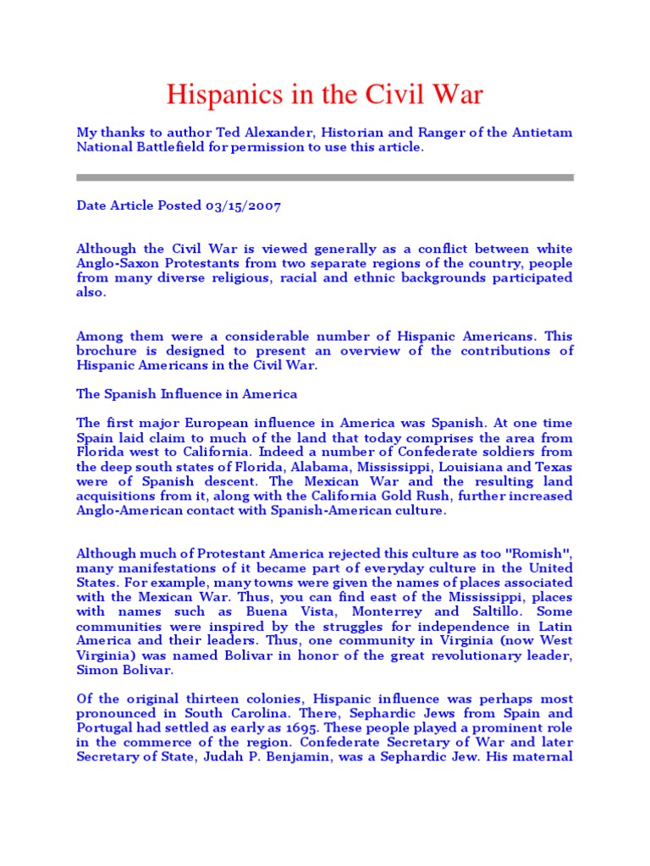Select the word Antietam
click(x=537, y=133)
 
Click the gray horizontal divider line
click(x=325, y=178)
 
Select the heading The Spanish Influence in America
click(x=187, y=394)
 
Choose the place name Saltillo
click(x=492, y=611)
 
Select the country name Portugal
click(x=106, y=727)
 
